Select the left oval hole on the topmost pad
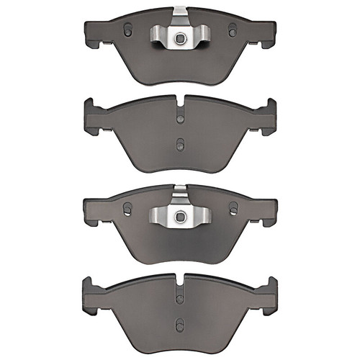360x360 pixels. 127,30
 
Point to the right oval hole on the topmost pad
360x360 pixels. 232,30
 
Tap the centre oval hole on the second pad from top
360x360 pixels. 179,143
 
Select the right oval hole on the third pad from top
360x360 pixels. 232,207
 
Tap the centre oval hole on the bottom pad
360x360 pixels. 179,320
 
